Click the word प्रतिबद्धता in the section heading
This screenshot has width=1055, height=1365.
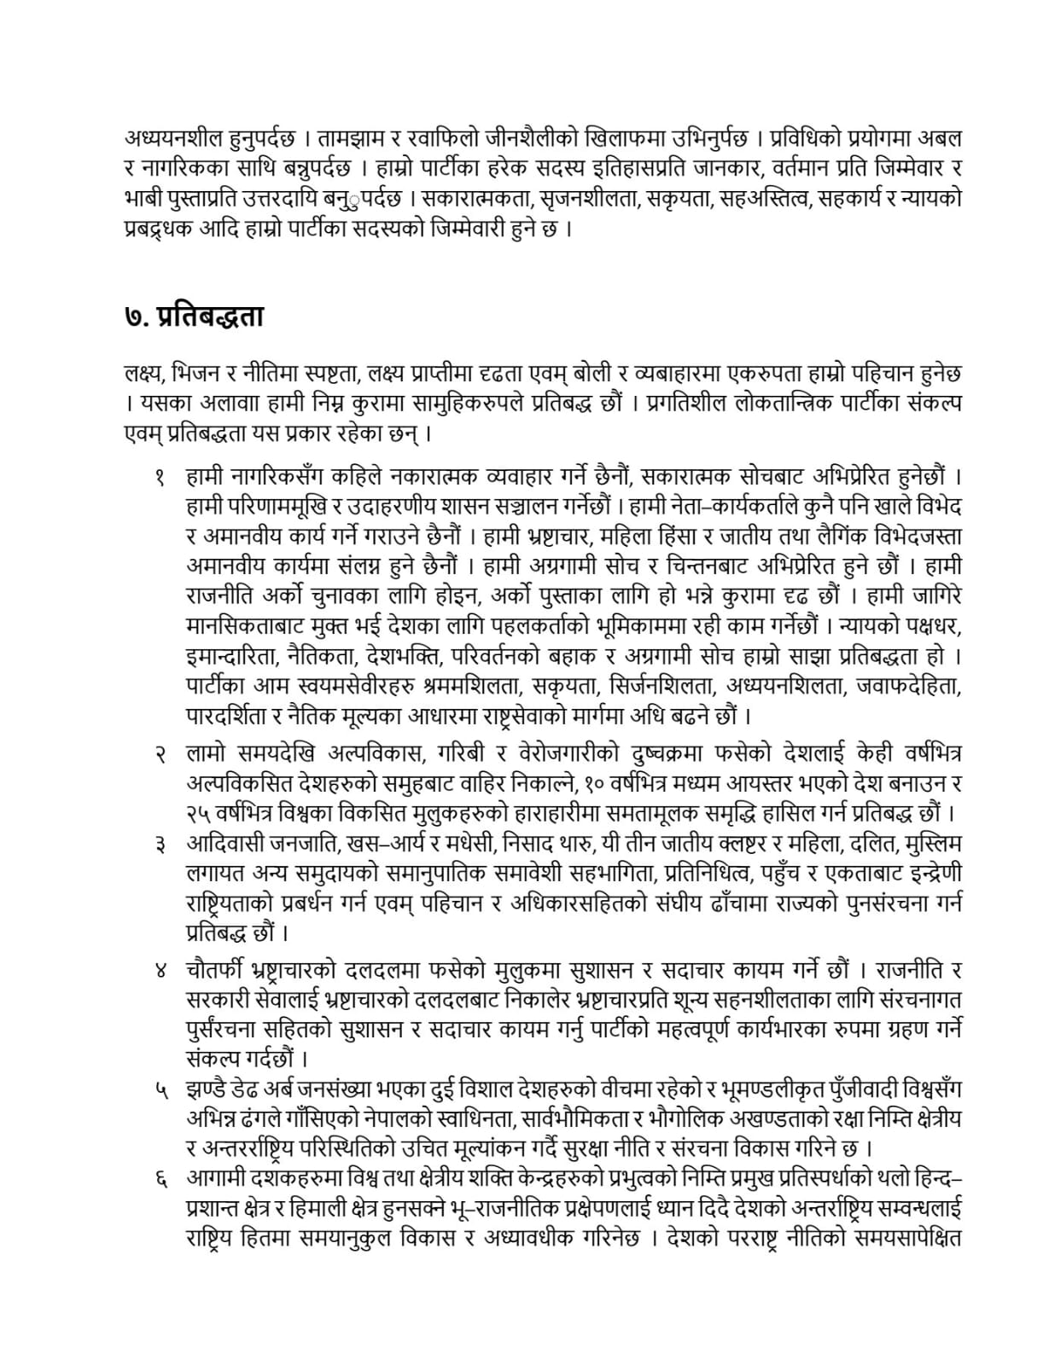pos(212,317)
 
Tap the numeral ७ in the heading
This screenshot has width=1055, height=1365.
pos(133,317)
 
